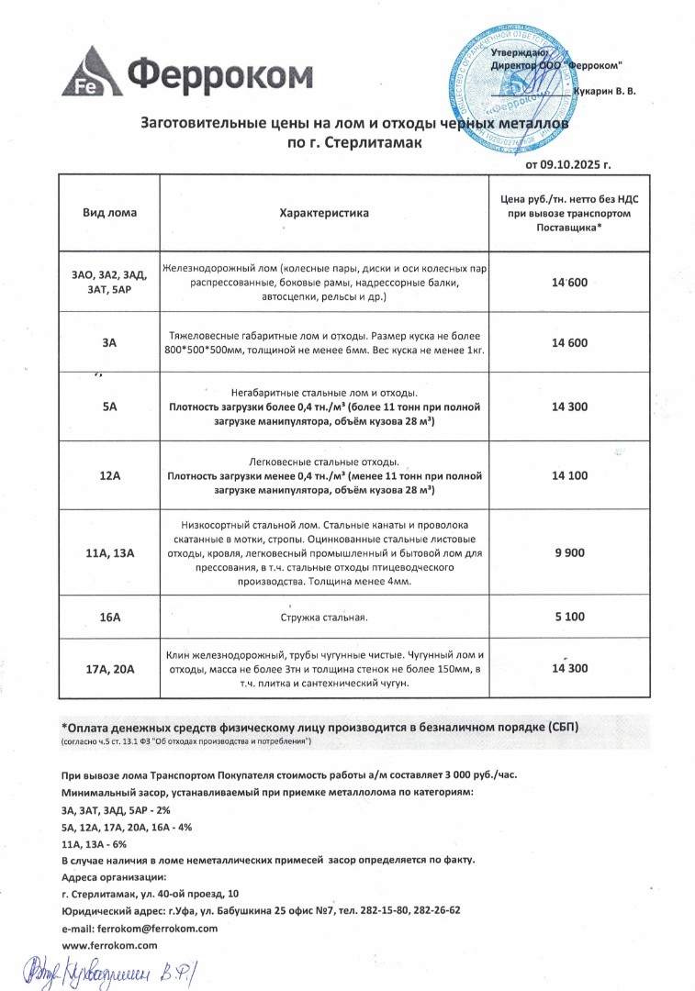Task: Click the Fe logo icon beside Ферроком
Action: [x=89, y=73]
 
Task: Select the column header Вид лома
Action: [x=109, y=213]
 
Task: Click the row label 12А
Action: [x=109, y=475]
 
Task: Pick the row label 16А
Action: [x=109, y=617]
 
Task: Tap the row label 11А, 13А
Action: [x=109, y=553]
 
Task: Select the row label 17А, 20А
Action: [x=109, y=669]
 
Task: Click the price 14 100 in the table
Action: [x=569, y=475]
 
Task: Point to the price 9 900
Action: [x=569, y=553]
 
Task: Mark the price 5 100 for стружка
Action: [x=569, y=617]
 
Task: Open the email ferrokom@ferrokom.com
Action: [x=157, y=928]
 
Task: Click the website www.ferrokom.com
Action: [x=109, y=944]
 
